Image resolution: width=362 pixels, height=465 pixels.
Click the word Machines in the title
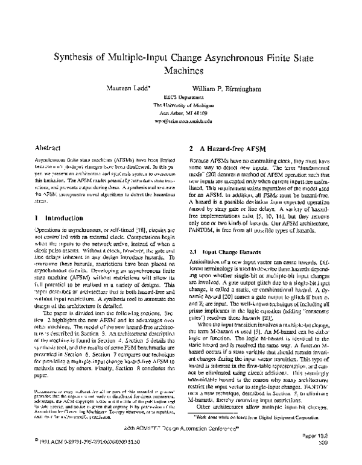(x=181, y=71)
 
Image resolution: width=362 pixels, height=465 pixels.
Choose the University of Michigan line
(x=181, y=105)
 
